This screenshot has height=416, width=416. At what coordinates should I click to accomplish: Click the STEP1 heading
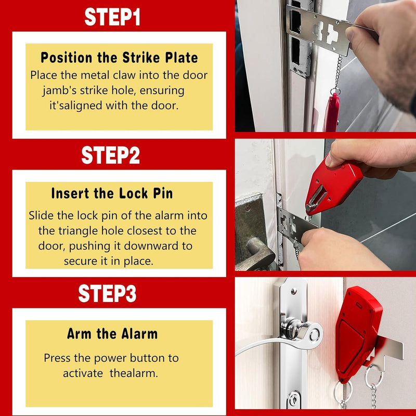click(x=112, y=17)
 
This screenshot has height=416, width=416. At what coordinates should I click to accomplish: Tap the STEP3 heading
click(x=107, y=293)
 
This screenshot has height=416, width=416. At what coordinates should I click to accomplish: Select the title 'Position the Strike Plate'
click(x=119, y=57)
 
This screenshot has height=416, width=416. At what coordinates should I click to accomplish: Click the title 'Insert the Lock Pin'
click(x=112, y=194)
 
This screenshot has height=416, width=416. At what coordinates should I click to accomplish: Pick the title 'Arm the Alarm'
click(x=112, y=334)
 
